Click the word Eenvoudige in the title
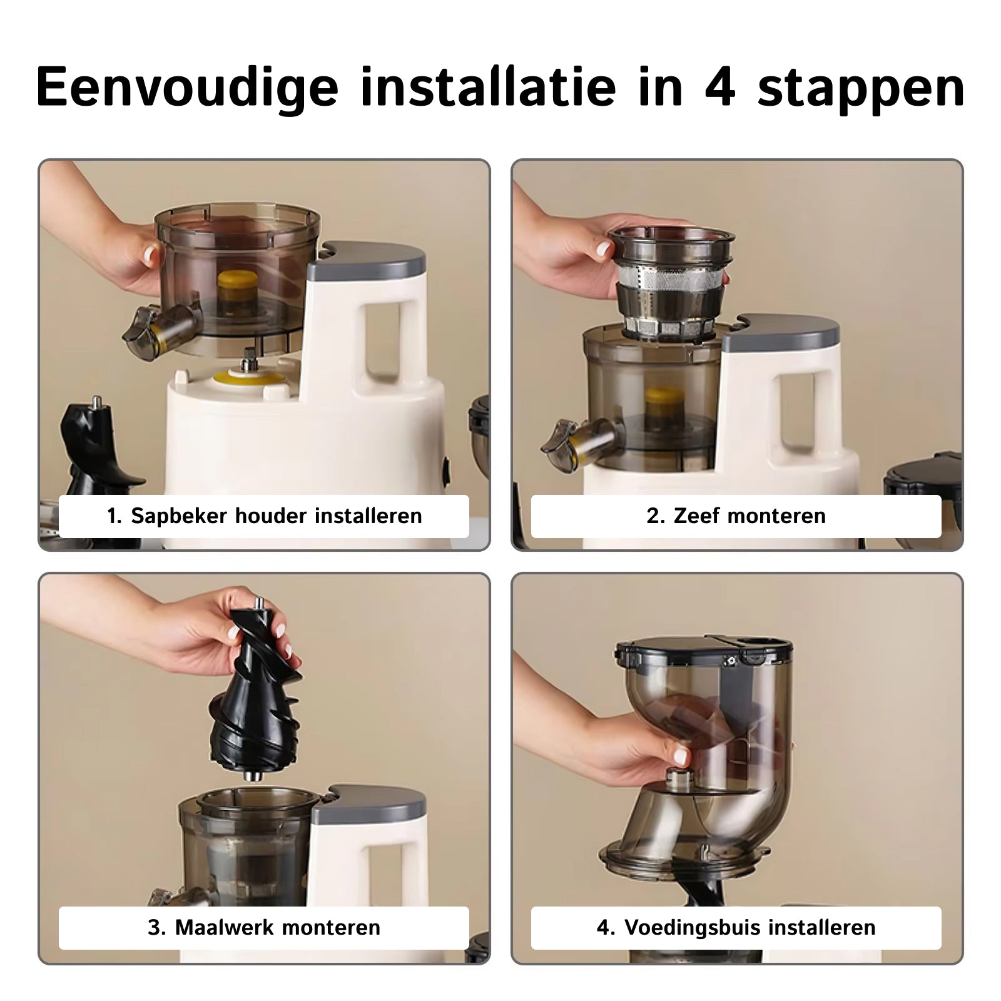click(186, 88)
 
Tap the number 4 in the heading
click(719, 88)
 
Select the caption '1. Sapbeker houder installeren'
click(264, 516)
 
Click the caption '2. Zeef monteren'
click(736, 516)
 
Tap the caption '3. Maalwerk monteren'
click(264, 927)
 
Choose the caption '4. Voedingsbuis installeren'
click(736, 927)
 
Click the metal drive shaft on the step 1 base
click(248, 360)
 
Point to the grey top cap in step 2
click(782, 332)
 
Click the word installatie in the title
click(488, 88)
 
